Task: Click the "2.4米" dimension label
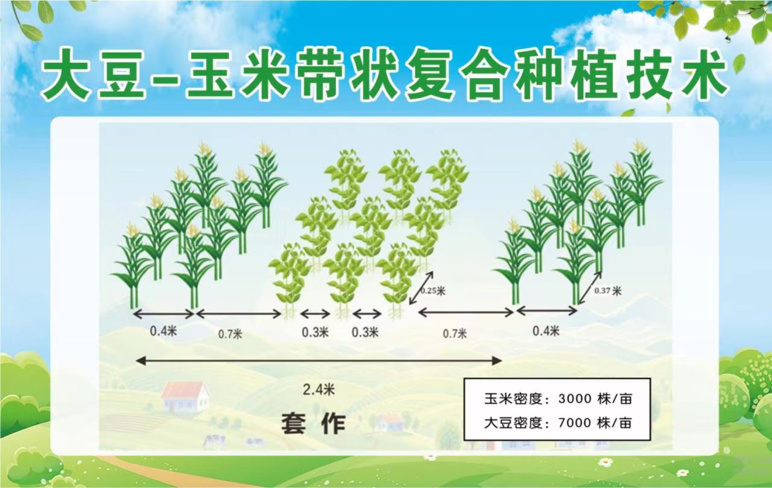pyautogui.click(x=319, y=389)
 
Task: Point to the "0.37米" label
pyautogui.click(x=608, y=291)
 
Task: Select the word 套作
pyautogui.click(x=313, y=423)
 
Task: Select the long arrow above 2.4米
pyautogui.click(x=319, y=361)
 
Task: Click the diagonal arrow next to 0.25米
pyautogui.click(x=421, y=288)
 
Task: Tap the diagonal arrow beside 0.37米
pyautogui.click(x=590, y=288)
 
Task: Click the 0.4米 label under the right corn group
pyautogui.click(x=546, y=331)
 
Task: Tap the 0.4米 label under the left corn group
pyautogui.click(x=163, y=331)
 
